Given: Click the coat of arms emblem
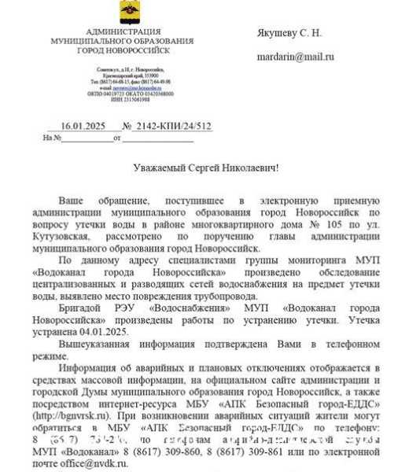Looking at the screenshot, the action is click(126, 12).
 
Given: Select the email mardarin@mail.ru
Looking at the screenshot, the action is click(295, 57).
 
